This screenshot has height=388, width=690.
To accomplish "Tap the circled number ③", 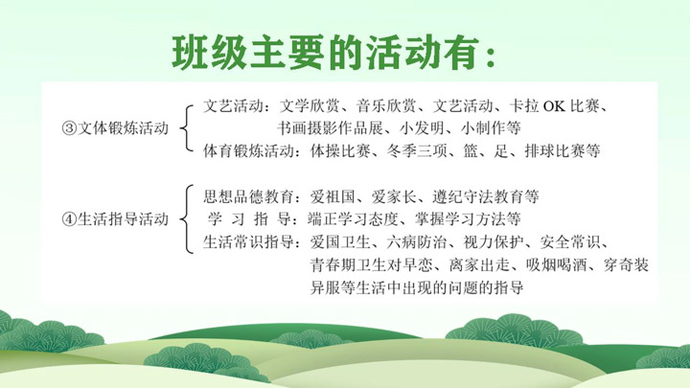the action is click(69, 128).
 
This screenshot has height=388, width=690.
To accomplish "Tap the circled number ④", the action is click(69, 219).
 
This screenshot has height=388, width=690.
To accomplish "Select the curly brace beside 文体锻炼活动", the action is click(187, 128).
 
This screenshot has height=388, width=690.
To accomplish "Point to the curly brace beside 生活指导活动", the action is click(187, 219).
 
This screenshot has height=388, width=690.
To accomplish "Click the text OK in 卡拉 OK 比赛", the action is click(554, 106).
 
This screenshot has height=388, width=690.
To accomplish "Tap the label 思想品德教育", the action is click(248, 196).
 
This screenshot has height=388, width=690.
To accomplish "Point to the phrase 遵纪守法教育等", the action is click(485, 196).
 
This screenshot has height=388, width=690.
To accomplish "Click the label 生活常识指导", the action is click(248, 242).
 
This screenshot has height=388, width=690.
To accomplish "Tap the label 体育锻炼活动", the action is click(248, 151).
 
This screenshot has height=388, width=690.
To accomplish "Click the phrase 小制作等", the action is click(491, 128).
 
